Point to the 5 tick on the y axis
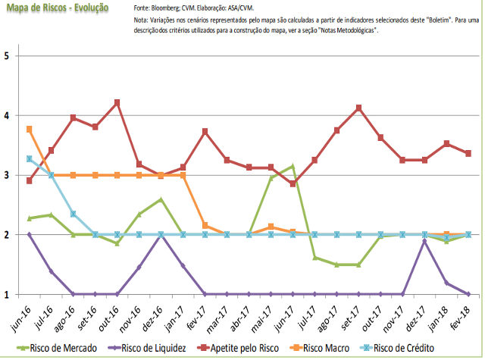6,56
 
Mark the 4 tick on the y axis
6,116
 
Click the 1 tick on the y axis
6,295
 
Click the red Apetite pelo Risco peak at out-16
117,102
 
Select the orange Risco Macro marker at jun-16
30,130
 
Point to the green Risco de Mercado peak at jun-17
293,166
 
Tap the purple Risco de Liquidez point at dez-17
425,241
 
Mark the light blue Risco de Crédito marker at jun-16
30,159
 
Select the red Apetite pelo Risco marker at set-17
359,108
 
